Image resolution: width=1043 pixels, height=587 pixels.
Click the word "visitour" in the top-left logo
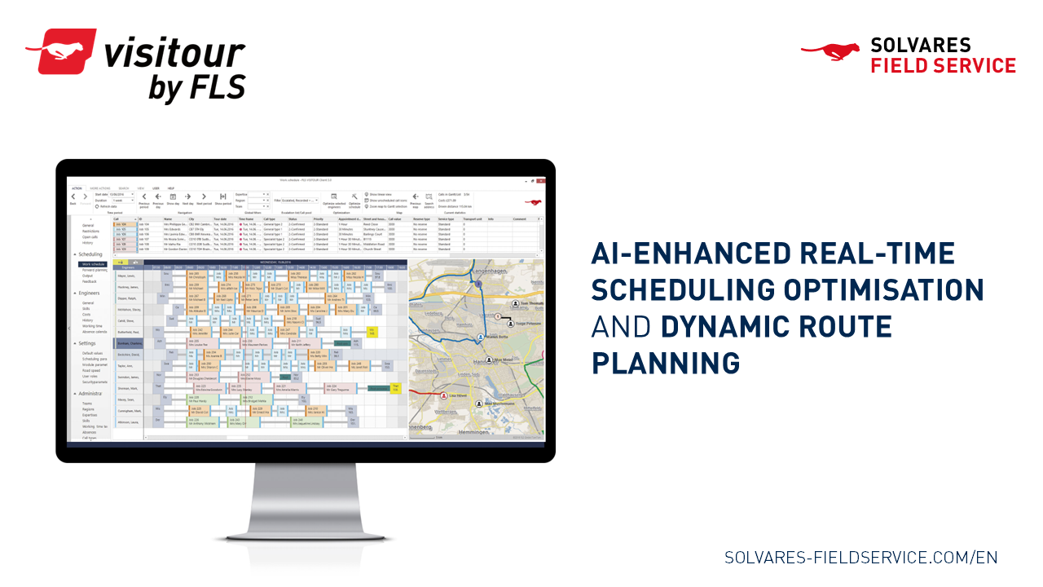click(x=174, y=54)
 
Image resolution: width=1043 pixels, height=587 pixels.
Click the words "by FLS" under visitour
click(x=196, y=88)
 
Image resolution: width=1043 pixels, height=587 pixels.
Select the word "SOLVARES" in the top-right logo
click(x=909, y=46)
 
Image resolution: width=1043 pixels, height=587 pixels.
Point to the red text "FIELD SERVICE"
click(x=943, y=66)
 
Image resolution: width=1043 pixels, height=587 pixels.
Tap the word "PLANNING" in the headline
click(x=666, y=362)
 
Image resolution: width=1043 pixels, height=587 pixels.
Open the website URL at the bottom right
click(x=860, y=558)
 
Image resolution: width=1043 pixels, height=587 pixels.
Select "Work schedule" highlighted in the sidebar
click(x=92, y=264)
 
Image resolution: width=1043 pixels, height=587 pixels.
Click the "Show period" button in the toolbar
click(x=222, y=200)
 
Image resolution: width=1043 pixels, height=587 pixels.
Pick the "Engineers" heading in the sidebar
click(x=90, y=292)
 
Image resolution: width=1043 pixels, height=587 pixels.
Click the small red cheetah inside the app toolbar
click(x=534, y=201)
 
